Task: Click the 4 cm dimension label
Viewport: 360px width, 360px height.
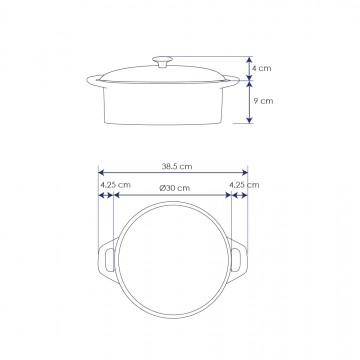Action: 262,68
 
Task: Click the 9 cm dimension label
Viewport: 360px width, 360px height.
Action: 263,101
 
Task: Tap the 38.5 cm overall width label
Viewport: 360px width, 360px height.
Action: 177,166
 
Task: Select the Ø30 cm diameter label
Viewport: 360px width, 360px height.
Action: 174,188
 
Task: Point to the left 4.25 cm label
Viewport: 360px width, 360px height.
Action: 115,185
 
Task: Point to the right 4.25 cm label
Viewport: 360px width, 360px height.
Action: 244,185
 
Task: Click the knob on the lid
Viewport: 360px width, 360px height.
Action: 162,62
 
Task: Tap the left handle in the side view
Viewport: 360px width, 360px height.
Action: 95,81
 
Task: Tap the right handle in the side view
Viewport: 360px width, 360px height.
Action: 231,80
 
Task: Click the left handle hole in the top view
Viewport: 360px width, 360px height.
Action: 110,260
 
